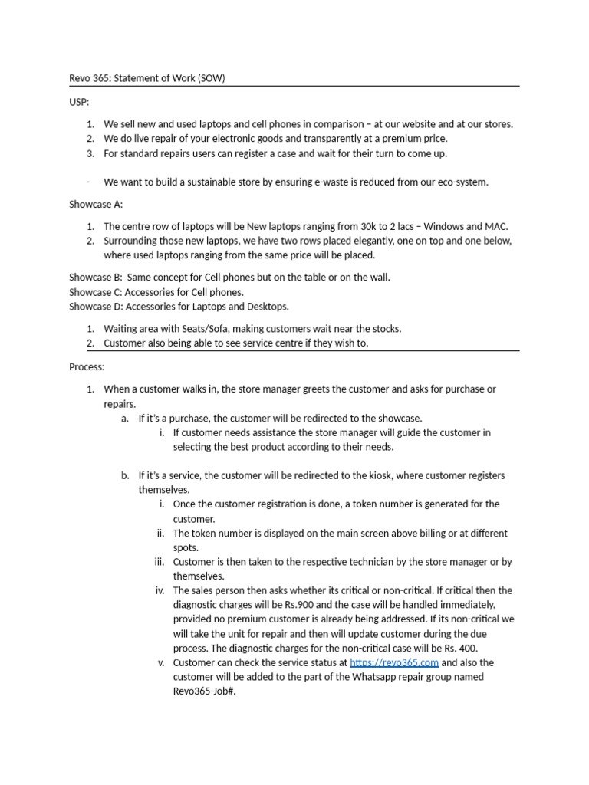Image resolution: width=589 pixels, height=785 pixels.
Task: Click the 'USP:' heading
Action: (78, 102)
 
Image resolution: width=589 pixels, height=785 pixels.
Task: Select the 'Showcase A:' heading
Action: (96, 205)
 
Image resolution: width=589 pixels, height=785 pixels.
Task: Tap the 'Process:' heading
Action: (87, 367)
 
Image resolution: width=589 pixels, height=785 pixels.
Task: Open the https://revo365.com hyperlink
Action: (394, 662)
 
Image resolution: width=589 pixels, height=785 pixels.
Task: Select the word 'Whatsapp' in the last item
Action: (367, 677)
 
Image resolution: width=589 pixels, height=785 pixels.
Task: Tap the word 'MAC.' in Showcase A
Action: (496, 226)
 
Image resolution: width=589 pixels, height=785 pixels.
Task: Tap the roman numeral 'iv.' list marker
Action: (160, 590)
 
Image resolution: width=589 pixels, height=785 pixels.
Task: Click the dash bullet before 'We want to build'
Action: (89, 182)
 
